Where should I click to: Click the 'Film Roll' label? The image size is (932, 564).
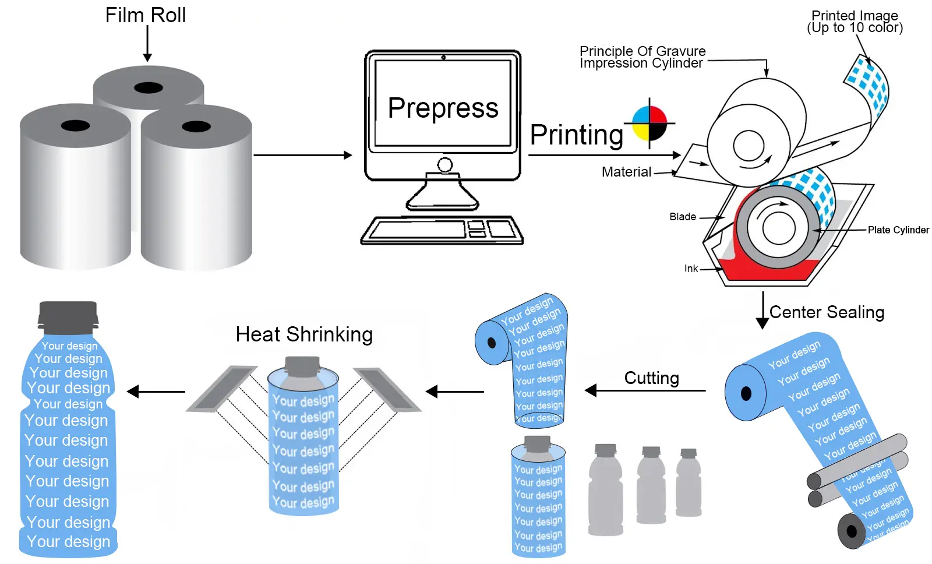coord(145,15)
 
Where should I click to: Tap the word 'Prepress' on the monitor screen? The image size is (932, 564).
coord(443,108)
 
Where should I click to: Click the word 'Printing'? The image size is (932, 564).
coord(577,135)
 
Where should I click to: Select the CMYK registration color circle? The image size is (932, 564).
coord(649,124)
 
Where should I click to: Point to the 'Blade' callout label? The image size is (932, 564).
coord(682,217)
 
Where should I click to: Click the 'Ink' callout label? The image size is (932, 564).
coord(691,269)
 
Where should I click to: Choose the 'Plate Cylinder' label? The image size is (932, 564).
coord(898,230)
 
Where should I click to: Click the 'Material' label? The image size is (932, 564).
coord(626,172)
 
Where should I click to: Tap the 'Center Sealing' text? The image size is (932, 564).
coord(827,312)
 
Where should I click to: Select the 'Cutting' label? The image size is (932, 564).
coord(651,378)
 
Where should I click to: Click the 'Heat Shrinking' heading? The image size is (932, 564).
coord(304,334)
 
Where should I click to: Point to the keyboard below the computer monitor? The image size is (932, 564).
coord(442,230)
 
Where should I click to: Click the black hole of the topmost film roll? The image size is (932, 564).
coord(149,88)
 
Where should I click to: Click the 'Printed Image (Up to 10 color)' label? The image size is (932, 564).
coord(855,22)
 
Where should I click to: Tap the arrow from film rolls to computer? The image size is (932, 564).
coord(303,156)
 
